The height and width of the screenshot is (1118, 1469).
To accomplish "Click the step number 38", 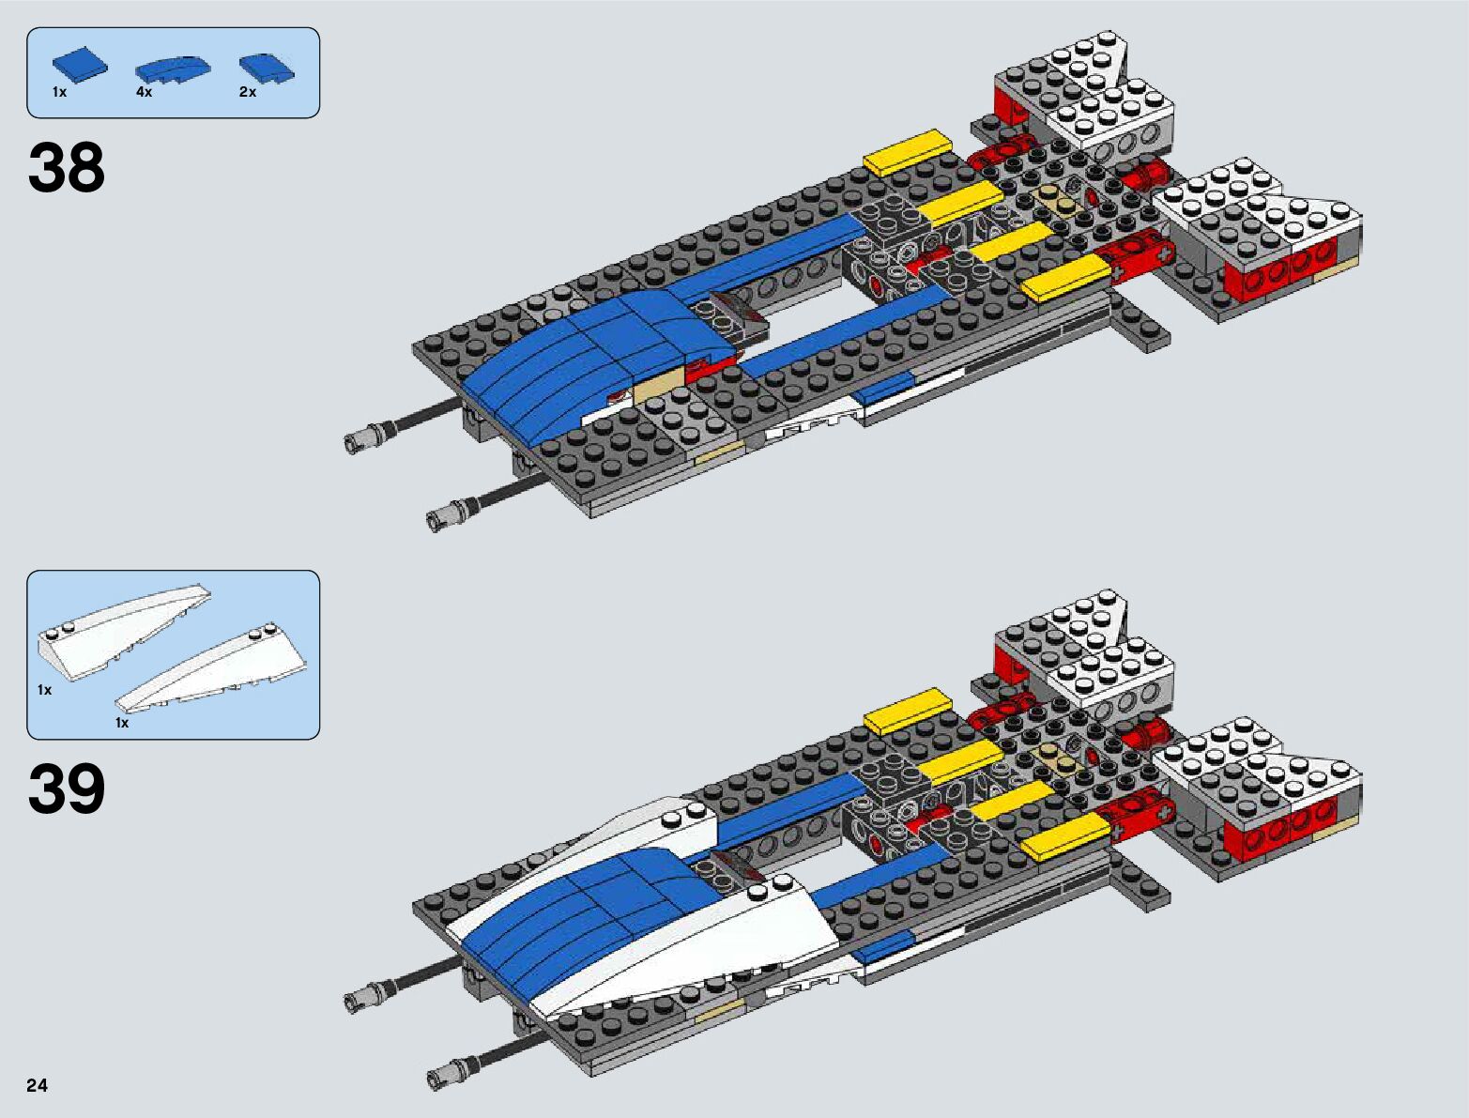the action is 67,169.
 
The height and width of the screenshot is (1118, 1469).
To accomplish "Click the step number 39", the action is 67,789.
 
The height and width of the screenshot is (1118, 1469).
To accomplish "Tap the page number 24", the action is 37,1086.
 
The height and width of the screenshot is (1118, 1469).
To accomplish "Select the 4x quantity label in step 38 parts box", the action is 144,92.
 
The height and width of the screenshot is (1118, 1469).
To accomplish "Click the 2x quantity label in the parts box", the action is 247,92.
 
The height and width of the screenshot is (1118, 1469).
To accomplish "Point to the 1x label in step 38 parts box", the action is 59,92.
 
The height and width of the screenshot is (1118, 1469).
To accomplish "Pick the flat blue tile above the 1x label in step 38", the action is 79,66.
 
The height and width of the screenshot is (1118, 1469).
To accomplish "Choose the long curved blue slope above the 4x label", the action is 173,68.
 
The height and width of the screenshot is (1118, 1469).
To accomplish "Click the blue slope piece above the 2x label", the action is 267,67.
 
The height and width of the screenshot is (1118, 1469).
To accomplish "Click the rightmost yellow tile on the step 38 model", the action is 1065,279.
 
